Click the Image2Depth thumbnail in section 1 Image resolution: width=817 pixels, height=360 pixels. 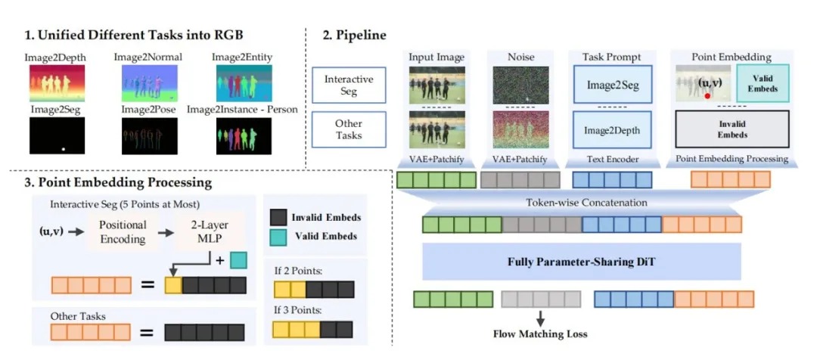pyautogui.click(x=57, y=83)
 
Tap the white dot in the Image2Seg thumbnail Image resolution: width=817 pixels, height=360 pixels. pyautogui.click(x=64, y=149)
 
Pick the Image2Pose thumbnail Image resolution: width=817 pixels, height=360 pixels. pyautogui.click(x=150, y=136)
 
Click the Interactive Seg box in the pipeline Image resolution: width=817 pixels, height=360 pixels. pyautogui.click(x=349, y=85)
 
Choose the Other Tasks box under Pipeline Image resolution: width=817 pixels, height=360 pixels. pyautogui.click(x=349, y=129)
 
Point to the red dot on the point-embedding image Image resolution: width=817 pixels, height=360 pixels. pyautogui.click(x=707, y=96)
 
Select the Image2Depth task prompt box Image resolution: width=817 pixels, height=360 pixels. pyautogui.click(x=612, y=130)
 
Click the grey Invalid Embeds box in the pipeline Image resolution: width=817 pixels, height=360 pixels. pyautogui.click(x=732, y=129)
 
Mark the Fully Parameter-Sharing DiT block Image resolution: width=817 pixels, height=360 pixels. pyautogui.click(x=582, y=262)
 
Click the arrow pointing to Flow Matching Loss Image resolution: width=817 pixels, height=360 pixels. pyautogui.click(x=540, y=318)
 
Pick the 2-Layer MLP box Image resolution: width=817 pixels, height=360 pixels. pyautogui.click(x=209, y=231)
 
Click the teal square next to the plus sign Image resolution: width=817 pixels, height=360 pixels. pyautogui.click(x=238, y=259)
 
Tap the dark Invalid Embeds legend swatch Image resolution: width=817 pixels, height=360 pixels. pyautogui.click(x=279, y=216)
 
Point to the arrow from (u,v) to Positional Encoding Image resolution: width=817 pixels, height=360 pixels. pyautogui.click(x=76, y=231)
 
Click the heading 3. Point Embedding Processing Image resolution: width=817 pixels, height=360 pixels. pyautogui.click(x=118, y=182)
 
